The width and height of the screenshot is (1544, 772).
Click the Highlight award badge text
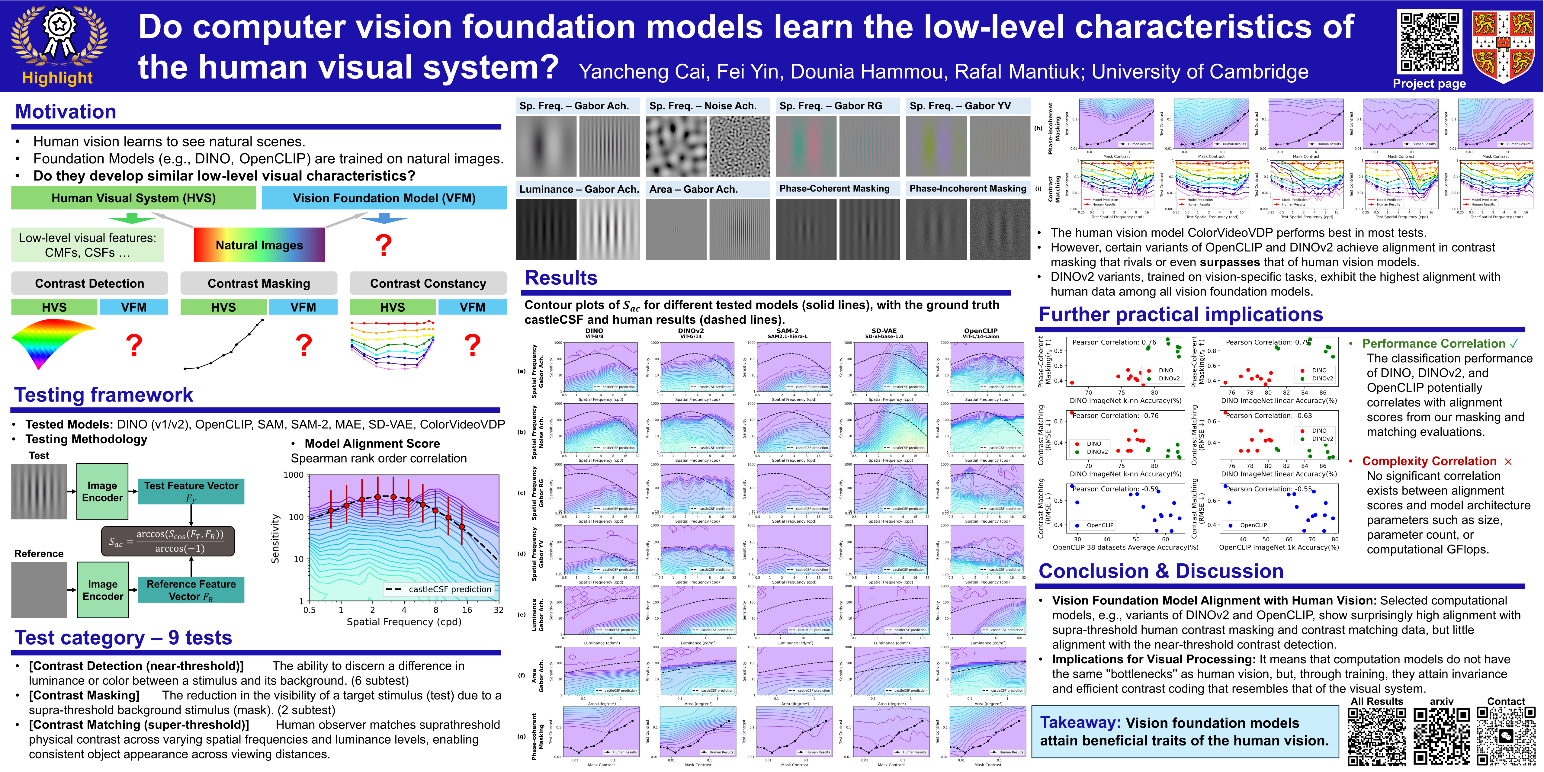[x=58, y=78]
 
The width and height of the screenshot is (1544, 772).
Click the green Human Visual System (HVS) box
[x=133, y=198]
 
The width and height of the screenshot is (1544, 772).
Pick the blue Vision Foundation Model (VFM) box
[x=384, y=198]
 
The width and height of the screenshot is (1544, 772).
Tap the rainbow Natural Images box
[x=259, y=245]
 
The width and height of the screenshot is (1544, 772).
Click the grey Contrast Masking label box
[x=259, y=283]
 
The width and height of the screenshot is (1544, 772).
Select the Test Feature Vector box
[x=191, y=492]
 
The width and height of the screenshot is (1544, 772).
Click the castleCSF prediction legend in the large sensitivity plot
[x=439, y=589]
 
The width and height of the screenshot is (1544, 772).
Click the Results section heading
[x=561, y=278]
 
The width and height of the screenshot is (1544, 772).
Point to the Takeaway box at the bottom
[x=1184, y=732]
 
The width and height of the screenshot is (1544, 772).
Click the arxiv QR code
[x=1442, y=735]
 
